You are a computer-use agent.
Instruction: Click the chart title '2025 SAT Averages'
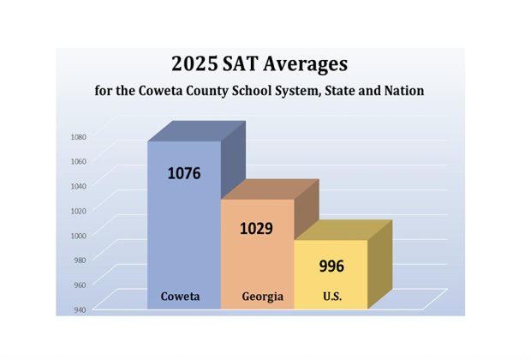(x=259, y=63)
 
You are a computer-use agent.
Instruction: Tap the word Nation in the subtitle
(x=403, y=90)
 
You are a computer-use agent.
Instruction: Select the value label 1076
(x=183, y=173)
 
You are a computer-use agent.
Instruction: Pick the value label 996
(x=331, y=266)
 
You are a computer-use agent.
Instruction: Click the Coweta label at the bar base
(x=181, y=297)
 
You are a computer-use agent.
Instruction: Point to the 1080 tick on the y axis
(x=79, y=136)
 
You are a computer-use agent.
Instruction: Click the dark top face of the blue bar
(x=197, y=131)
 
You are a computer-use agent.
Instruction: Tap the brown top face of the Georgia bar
(x=270, y=189)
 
